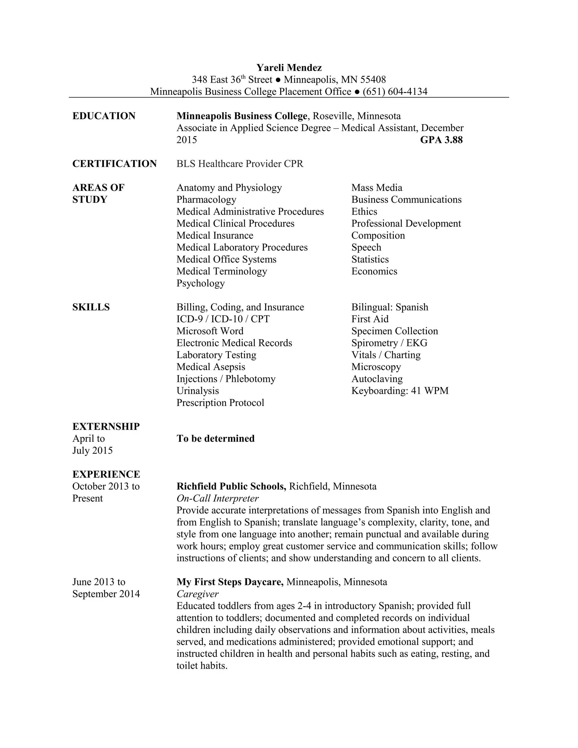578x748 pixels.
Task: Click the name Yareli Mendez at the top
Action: (x=289, y=67)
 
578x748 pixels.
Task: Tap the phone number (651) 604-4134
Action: (x=395, y=91)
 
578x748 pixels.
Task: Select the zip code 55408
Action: (x=373, y=80)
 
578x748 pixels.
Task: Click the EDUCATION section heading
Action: (x=104, y=116)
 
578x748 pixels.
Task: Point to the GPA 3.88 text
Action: (x=441, y=140)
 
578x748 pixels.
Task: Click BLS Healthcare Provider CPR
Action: (x=240, y=164)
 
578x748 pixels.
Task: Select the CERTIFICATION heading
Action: (x=114, y=164)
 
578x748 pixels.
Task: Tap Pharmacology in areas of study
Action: (x=206, y=199)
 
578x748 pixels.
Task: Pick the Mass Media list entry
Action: (x=377, y=187)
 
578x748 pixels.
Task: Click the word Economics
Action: (x=374, y=271)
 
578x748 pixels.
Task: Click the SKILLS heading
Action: (x=91, y=307)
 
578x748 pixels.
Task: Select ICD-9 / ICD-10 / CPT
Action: (x=223, y=319)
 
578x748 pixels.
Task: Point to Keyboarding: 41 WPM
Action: (x=400, y=391)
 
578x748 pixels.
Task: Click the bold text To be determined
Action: (x=215, y=438)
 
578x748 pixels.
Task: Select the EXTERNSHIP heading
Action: (x=106, y=427)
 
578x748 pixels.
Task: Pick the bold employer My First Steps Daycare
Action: (x=230, y=582)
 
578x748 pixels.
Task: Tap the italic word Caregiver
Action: (x=198, y=594)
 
